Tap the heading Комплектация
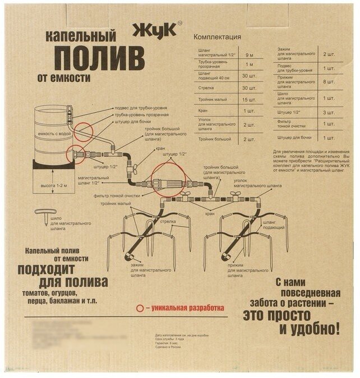217,37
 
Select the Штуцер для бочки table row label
295,137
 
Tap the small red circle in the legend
140,308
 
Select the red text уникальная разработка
187,308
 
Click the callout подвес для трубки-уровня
139,108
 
